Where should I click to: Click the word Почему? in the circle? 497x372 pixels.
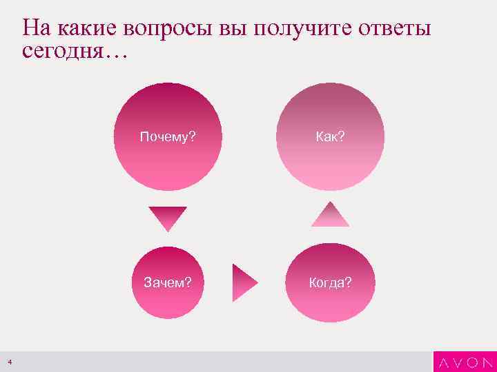coord(168,136)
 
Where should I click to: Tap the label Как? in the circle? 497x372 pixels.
coord(330,136)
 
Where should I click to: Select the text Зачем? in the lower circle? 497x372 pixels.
coord(167,282)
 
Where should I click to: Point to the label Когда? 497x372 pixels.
coord(330,282)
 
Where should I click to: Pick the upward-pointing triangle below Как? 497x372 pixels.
coord(330,215)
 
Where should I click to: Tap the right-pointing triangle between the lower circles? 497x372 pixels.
coord(244,282)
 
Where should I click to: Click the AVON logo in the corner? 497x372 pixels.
coord(465,362)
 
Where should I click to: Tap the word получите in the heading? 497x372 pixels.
coord(306,30)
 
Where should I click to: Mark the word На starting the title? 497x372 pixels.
coord(36,28)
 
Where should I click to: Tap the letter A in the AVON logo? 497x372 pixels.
coord(443,362)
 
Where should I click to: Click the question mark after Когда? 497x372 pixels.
coord(348,282)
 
